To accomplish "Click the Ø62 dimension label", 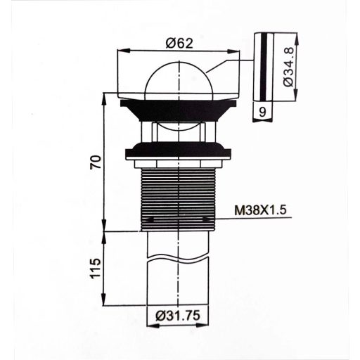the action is [179, 44].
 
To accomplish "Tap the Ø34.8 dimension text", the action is [288, 67].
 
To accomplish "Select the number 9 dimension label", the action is [263, 112].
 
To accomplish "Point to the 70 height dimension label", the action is [96, 162].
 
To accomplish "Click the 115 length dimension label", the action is [96, 269].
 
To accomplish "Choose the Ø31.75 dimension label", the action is [178, 315].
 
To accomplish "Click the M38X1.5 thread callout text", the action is [260, 210].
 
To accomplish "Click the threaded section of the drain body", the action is [178, 200].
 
